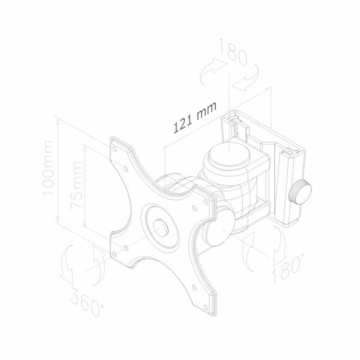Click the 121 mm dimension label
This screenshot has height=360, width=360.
pyautogui.click(x=194, y=117)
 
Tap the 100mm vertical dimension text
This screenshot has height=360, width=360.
pyautogui.click(x=49, y=168)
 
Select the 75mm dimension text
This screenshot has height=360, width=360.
pyautogui.click(x=76, y=185)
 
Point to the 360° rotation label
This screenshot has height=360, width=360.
pyautogui.click(x=86, y=301)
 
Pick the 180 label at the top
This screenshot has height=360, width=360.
pyautogui.click(x=233, y=52)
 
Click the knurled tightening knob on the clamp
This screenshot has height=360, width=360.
pyautogui.click(x=300, y=193)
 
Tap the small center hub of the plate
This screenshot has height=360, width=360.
pyautogui.click(x=161, y=228)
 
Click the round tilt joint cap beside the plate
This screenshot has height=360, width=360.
pyautogui.click(x=220, y=226)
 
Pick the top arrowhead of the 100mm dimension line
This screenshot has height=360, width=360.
pyautogui.click(x=58, y=122)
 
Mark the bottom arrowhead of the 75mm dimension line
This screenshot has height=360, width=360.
pyautogui.click(x=85, y=224)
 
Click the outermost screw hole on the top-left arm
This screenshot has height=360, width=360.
pyautogui.click(x=114, y=149)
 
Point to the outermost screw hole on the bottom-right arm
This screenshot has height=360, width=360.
pyautogui.click(x=206, y=307)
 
